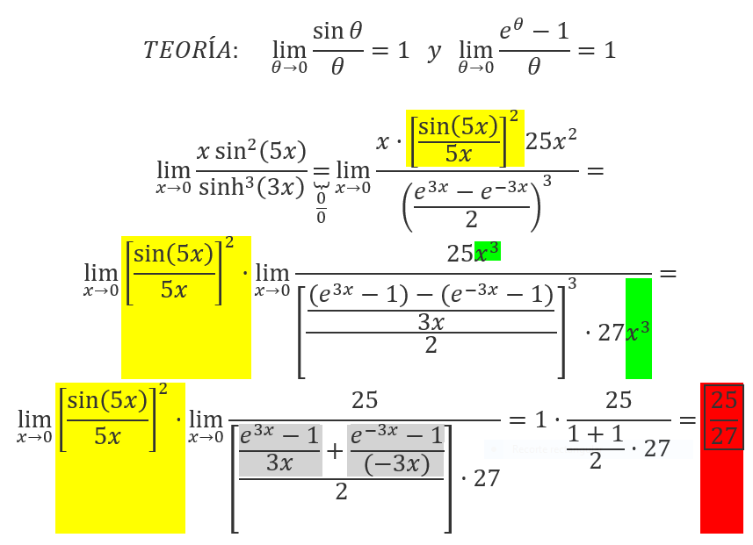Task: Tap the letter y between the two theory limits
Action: [434, 52]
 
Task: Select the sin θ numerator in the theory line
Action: [337, 32]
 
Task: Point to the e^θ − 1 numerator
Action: [534, 31]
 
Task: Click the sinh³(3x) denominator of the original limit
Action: [251, 186]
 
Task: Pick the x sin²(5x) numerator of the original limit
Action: [251, 151]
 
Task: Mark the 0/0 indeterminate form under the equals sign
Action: [321, 208]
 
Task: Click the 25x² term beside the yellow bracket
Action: [551, 140]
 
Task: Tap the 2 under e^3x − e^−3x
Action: [471, 219]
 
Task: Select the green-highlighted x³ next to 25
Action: [487, 251]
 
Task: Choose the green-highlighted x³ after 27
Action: [638, 331]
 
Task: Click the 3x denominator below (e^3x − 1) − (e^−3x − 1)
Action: [431, 322]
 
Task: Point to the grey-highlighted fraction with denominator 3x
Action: [279, 450]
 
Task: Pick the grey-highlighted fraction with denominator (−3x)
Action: [395, 450]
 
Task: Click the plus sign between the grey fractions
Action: [335, 451]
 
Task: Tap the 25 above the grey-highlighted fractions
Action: [365, 400]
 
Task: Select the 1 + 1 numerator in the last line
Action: [595, 434]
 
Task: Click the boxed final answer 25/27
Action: [724, 418]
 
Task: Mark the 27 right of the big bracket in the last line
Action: [487, 478]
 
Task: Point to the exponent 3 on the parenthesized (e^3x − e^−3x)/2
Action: [547, 181]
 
